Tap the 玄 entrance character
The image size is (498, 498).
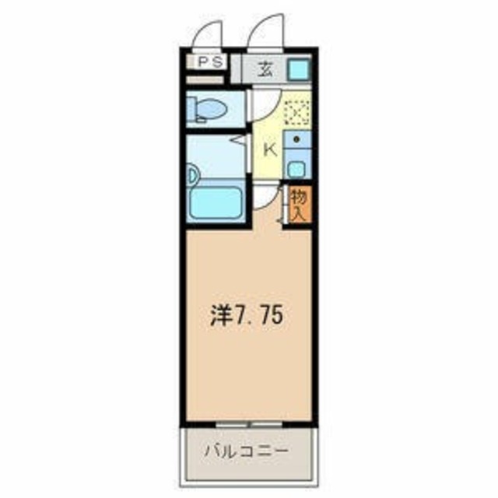[x=265, y=68]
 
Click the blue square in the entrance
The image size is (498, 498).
[x=298, y=70]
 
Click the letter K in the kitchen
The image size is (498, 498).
[x=271, y=149]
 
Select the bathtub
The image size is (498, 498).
[x=216, y=202]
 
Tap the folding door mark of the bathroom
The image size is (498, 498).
[x=238, y=141]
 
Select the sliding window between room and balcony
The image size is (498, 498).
[x=250, y=425]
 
